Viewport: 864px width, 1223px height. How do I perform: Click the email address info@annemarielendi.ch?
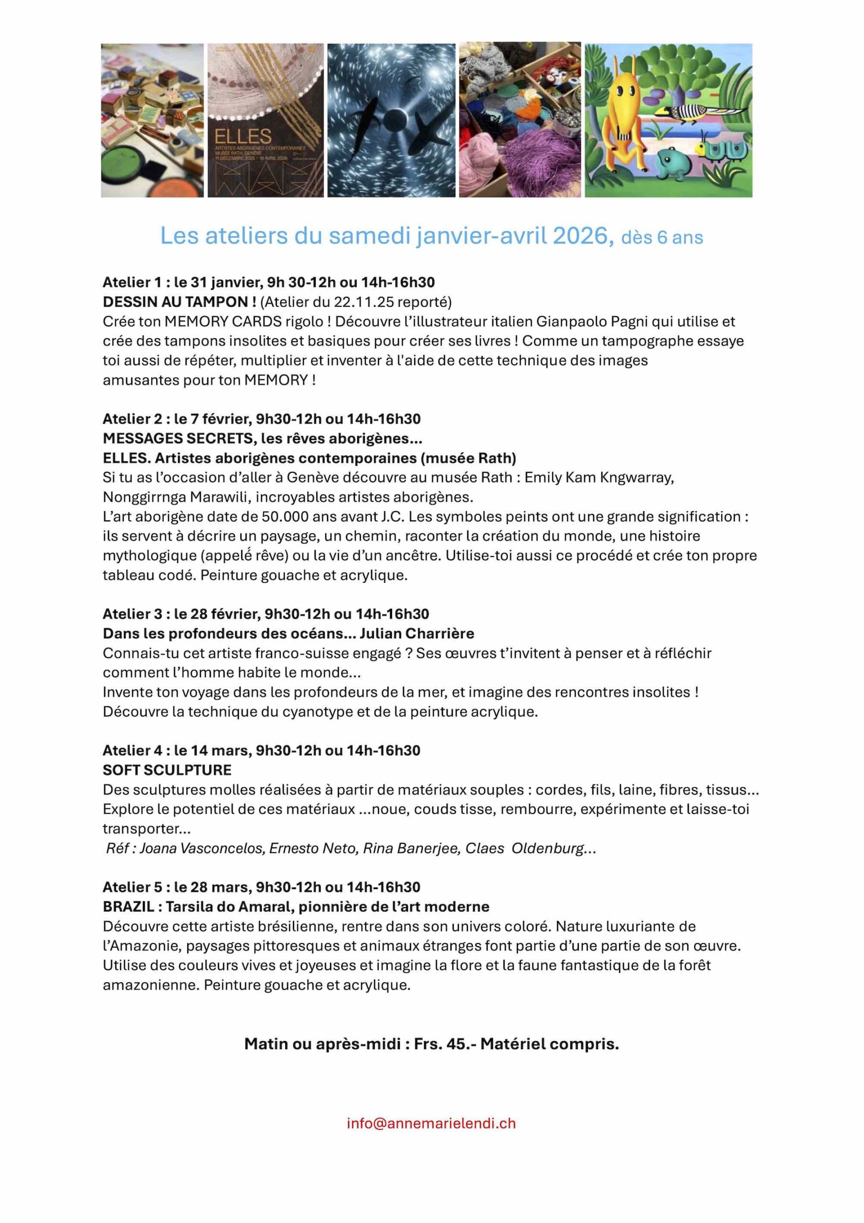431,1123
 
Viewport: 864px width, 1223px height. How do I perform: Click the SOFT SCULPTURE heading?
167,770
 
